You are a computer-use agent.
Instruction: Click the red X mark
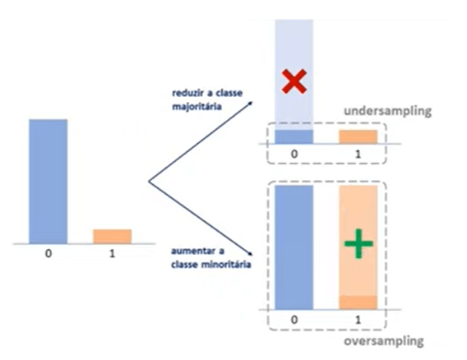pos(294,81)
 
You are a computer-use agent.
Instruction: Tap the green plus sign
pos(358,243)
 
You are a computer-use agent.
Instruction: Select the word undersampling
pos(387,111)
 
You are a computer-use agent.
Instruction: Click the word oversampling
pos(384,341)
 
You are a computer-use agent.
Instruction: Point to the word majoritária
pos(197,107)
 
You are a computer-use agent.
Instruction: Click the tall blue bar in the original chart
pos(49,182)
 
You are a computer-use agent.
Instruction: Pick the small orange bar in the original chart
pos(113,237)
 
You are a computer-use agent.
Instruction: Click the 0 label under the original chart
pos(49,254)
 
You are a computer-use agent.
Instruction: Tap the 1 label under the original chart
pos(112,254)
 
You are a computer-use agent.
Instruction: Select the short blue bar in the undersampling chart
pos(294,136)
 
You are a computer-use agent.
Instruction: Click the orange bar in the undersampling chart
pos(358,137)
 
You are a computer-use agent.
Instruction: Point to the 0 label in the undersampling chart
pos(294,154)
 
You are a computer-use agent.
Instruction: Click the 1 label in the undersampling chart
pos(358,154)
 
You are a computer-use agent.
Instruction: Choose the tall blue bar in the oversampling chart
pos(294,247)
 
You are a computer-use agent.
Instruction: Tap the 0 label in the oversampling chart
pos(294,320)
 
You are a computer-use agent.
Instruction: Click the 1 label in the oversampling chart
pos(358,320)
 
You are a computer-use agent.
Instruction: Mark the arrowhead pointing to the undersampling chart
pos(251,104)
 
